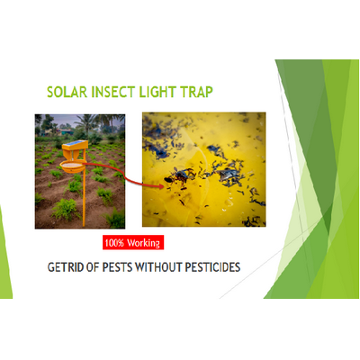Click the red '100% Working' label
[x=133, y=243]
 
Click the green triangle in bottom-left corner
[x=4, y=261]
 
